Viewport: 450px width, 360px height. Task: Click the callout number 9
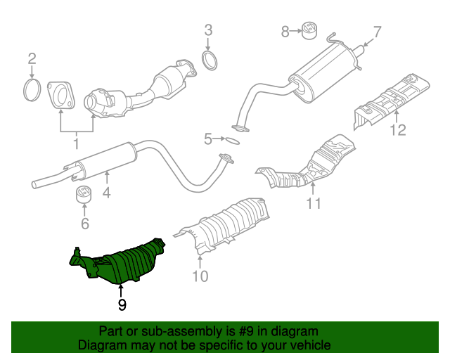tap(122, 304)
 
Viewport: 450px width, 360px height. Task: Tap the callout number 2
tap(32, 58)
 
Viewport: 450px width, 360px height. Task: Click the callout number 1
tap(76, 144)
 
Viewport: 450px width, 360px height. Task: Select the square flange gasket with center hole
tap(63, 96)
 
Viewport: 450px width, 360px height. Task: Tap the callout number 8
tap(285, 31)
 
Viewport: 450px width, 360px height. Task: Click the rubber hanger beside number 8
tap(309, 30)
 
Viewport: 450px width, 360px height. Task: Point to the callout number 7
tap(376, 32)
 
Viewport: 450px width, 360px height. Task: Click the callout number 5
tap(207, 139)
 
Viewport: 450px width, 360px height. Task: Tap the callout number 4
tap(106, 192)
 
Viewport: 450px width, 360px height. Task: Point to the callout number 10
tap(200, 276)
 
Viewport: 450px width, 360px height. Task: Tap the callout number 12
tap(398, 129)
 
